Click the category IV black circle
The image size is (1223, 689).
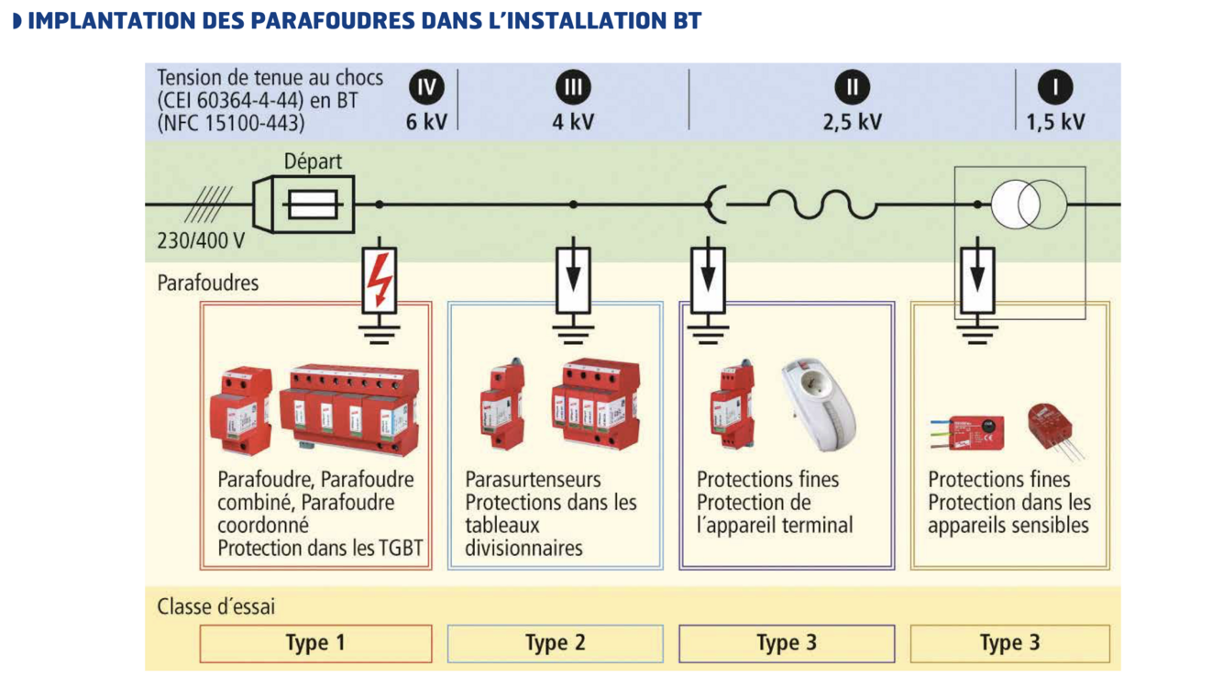click(425, 87)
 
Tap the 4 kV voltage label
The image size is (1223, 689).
click(573, 121)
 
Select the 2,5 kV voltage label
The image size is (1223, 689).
click(853, 121)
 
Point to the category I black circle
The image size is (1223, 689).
click(1055, 87)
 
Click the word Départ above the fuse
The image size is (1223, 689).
click(313, 162)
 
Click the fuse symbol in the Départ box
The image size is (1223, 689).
click(315, 205)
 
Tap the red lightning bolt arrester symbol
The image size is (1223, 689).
click(379, 280)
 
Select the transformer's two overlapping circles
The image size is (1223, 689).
click(1030, 205)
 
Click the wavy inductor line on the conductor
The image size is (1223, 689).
click(821, 205)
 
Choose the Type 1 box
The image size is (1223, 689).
click(315, 643)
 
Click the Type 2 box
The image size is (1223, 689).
click(555, 643)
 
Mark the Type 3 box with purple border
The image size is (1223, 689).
click(786, 643)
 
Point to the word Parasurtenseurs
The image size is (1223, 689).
click(534, 480)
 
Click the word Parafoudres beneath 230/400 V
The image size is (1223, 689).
click(208, 283)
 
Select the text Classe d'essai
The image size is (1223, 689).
click(216, 606)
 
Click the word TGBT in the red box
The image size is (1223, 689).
click(401, 549)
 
